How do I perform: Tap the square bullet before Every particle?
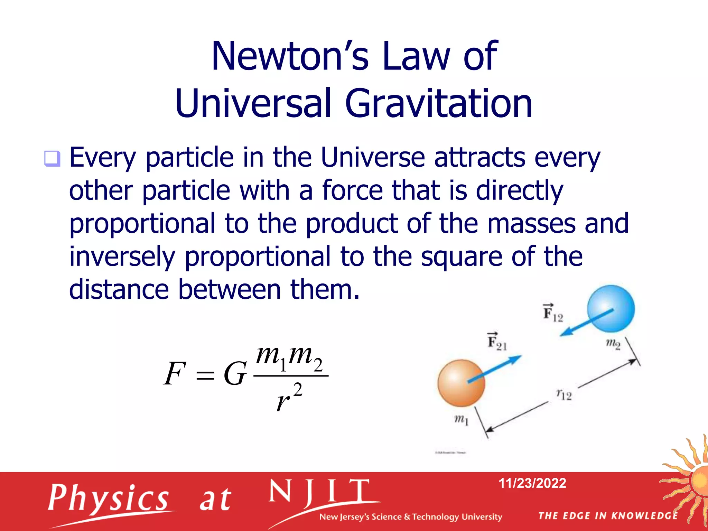point(52,159)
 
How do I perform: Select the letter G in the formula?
point(235,374)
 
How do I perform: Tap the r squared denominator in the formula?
point(289,398)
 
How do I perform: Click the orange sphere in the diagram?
point(461,383)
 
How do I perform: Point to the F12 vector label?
point(552,313)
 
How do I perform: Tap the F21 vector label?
point(497,342)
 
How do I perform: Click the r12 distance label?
point(564,394)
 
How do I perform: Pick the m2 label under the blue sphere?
point(613,344)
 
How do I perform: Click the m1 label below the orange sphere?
point(461,420)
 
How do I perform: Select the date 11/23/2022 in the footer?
point(532,483)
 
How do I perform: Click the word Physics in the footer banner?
point(108,498)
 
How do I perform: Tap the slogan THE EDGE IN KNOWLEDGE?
point(608,515)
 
